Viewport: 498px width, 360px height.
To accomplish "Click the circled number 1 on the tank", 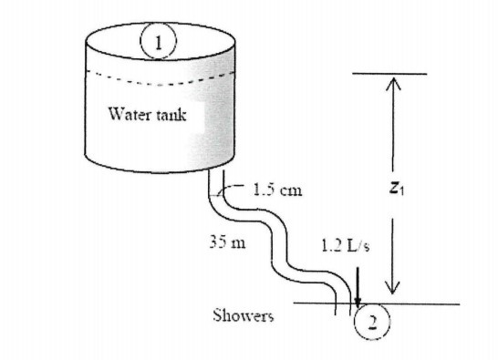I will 159,40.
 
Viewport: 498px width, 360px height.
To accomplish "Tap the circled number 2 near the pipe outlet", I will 371,320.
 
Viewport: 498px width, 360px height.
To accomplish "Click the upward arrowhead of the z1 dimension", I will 392,83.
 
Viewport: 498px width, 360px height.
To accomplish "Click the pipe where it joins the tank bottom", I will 219,179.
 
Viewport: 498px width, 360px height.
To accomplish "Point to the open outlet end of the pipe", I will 343,310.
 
